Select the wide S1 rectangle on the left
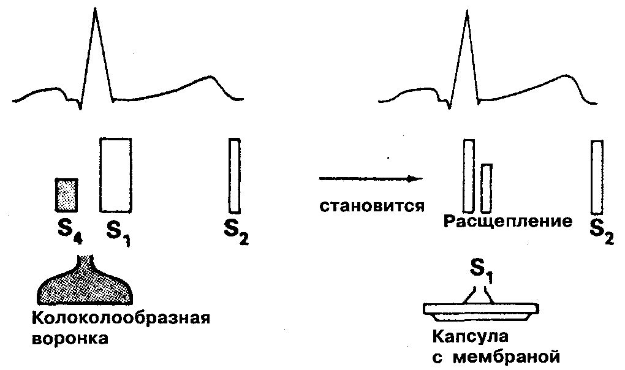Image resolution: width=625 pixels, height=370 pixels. pos(115,175)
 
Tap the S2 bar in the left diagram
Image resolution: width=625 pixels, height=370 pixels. pos(234,175)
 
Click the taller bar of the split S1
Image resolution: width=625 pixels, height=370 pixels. pos(469,176)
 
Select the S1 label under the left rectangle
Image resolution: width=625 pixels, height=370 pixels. pos(118,233)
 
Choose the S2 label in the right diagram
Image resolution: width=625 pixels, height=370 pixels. pos(601,232)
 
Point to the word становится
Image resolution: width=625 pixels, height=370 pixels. pos(372,205)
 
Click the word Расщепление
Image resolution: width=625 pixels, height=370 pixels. pos(507,221)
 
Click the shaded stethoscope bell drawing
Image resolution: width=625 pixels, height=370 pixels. pos(86,284)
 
